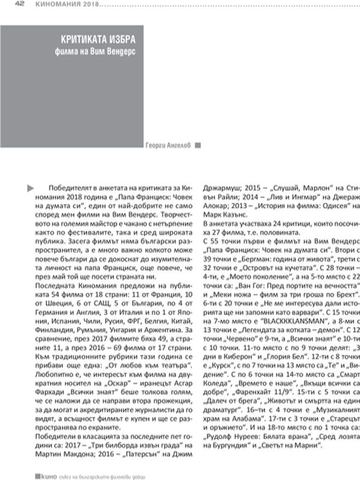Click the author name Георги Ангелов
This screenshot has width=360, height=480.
pyautogui.click(x=169, y=144)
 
